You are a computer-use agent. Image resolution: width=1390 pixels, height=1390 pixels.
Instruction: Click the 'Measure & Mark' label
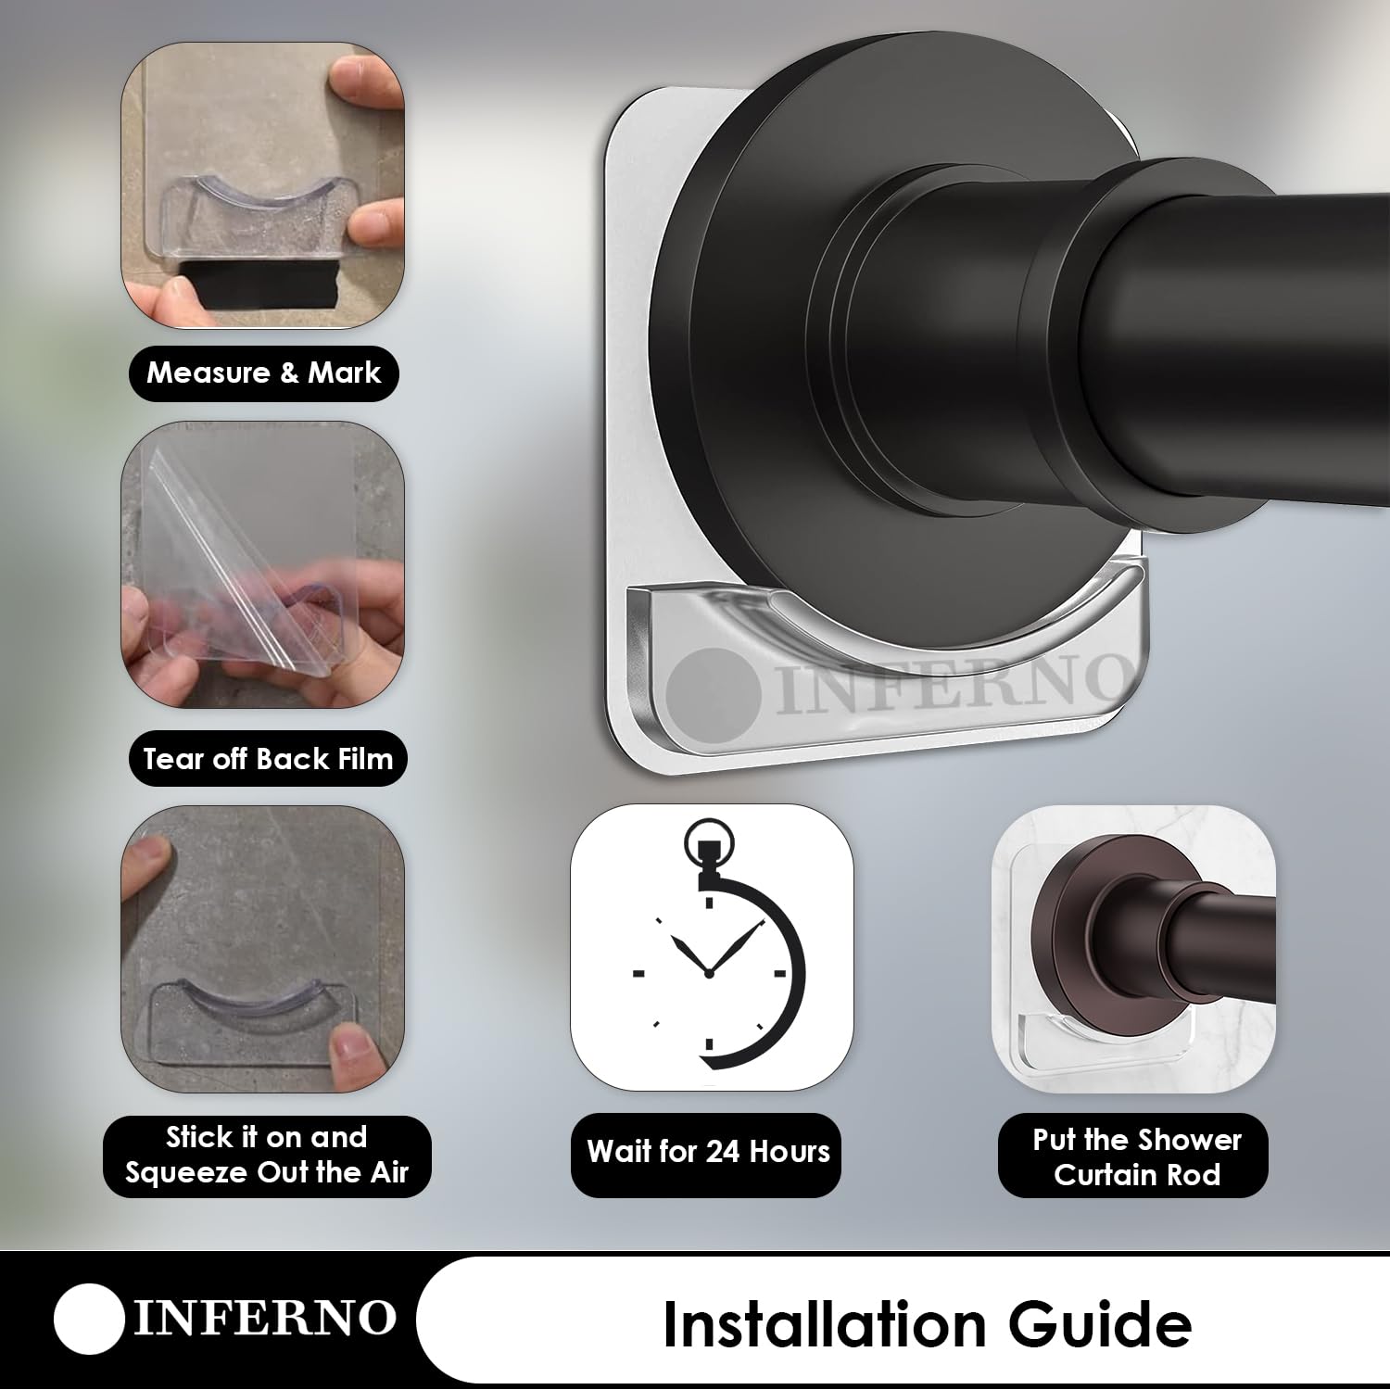tap(264, 373)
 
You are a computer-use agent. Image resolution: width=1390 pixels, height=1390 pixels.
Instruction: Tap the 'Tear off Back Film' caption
tap(268, 759)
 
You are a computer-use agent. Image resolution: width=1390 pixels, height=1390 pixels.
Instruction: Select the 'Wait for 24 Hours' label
tap(708, 1152)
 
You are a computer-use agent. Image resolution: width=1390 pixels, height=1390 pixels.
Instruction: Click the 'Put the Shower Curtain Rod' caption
tap(1137, 1156)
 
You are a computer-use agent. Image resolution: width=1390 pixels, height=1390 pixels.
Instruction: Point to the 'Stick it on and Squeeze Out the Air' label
tap(267, 1155)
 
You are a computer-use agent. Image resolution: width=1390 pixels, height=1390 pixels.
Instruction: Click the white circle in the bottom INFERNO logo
tap(89, 1319)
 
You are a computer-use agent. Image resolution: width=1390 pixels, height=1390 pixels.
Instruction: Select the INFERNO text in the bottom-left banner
tap(264, 1319)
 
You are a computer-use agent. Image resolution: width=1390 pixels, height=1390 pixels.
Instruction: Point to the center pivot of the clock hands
tap(708, 972)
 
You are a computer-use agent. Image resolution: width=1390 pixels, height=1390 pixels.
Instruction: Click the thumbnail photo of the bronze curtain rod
tap(1133, 950)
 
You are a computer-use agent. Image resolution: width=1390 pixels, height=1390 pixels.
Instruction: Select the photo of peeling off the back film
tap(263, 564)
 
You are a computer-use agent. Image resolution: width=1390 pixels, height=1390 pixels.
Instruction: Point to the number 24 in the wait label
tap(724, 1152)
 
